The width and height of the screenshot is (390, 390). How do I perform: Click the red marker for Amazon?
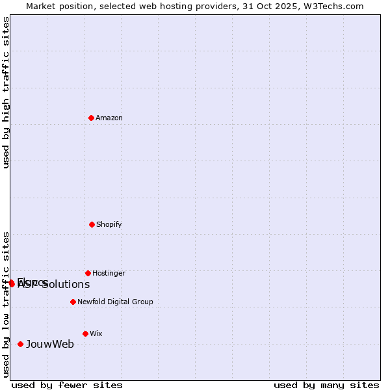click(x=92, y=118)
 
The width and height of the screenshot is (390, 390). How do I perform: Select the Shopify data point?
click(x=92, y=224)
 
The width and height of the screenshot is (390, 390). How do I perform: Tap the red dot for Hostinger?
click(x=88, y=273)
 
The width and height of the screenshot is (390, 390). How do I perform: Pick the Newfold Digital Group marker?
click(x=73, y=302)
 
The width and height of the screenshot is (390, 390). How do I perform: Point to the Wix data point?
click(x=85, y=333)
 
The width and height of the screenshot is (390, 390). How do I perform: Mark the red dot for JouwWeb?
click(x=21, y=344)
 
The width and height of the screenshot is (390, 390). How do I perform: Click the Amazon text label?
click(x=109, y=118)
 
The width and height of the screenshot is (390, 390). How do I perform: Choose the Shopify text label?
click(x=109, y=224)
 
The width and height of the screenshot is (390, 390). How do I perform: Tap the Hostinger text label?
click(x=109, y=273)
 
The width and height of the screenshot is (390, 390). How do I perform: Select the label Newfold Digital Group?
click(x=115, y=302)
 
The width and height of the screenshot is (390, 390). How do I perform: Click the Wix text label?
click(x=96, y=333)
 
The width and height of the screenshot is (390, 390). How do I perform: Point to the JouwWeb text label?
click(x=50, y=344)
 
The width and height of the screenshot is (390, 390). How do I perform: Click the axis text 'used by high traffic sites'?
click(x=6, y=92)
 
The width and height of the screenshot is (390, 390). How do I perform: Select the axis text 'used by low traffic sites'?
click(x=6, y=304)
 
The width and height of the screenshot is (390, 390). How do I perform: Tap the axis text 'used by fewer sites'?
click(x=67, y=385)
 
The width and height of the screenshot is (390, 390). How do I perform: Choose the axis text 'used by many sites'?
click(x=326, y=385)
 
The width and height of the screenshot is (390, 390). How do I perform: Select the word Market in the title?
click(x=40, y=6)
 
